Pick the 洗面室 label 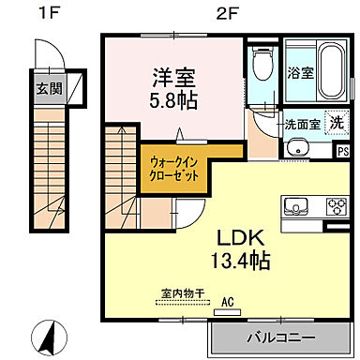(x=302, y=123)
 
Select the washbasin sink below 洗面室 (x=299, y=147)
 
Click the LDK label (x=224, y=236)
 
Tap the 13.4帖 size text (x=225, y=259)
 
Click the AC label (x=226, y=302)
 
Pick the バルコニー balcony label (x=280, y=336)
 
